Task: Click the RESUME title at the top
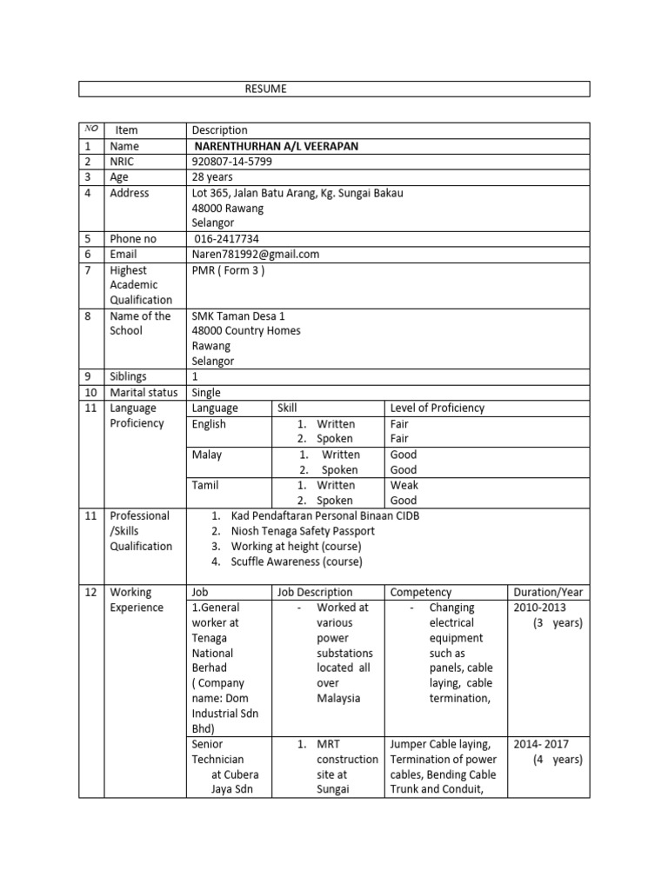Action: [x=264, y=90]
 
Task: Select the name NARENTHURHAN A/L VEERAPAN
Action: [x=276, y=146]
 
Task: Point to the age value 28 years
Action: [x=212, y=177]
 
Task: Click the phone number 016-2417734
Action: [x=227, y=239]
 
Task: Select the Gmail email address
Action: [x=256, y=255]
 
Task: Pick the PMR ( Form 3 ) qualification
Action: [x=228, y=270]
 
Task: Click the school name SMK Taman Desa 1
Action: [x=238, y=316]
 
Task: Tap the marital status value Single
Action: [x=208, y=393]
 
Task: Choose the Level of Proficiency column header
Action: [x=438, y=408]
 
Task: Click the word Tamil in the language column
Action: [x=206, y=485]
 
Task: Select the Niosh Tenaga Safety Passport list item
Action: [x=303, y=531]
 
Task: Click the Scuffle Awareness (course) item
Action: [x=297, y=561]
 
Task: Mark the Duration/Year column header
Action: [x=548, y=593]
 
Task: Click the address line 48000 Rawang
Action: [x=227, y=209]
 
